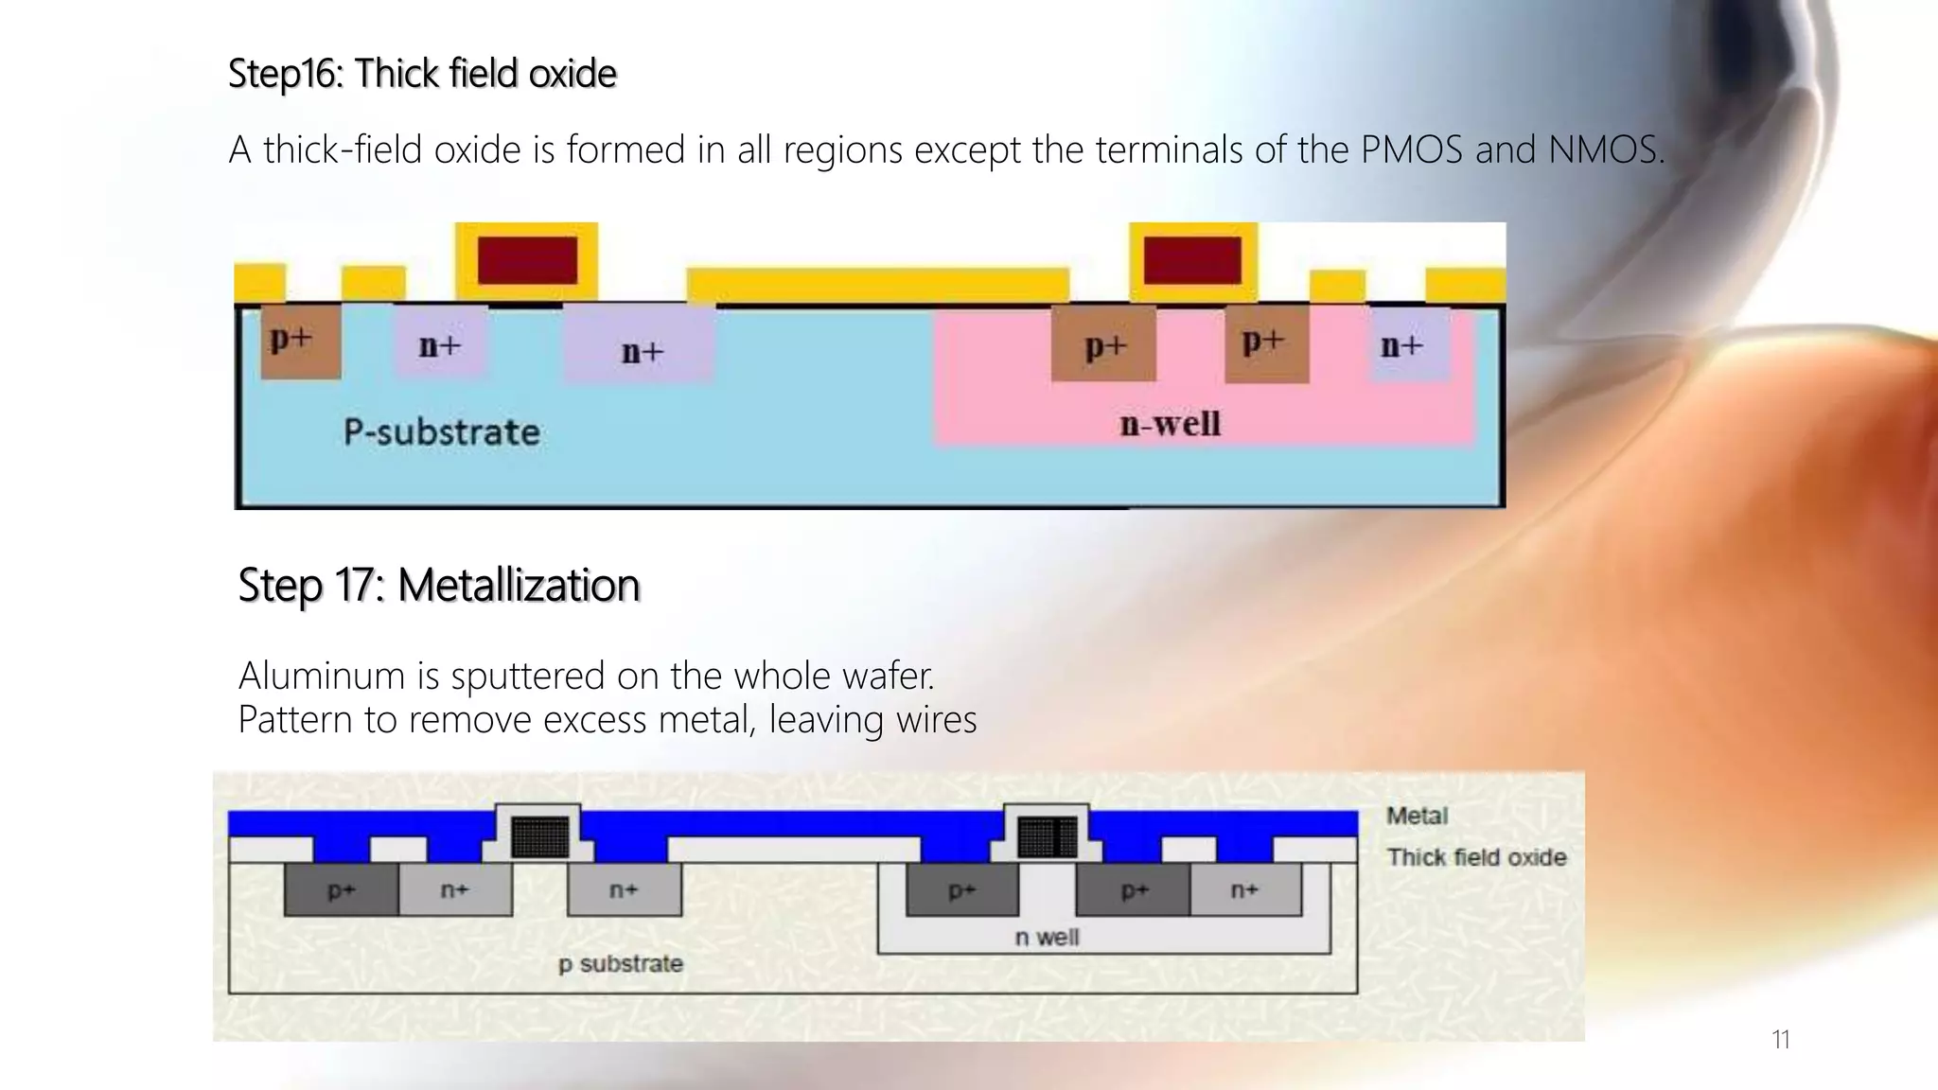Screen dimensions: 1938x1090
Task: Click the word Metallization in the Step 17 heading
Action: tap(519, 585)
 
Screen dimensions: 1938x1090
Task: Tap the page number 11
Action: tap(1780, 1040)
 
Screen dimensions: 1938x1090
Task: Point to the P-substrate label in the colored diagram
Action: tap(441, 432)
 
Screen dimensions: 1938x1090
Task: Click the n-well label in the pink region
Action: tap(1170, 423)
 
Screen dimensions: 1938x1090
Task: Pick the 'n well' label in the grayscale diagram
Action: tap(1047, 937)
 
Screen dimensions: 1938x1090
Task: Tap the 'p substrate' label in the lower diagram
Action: tap(620, 964)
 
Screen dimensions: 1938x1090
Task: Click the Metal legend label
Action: tap(1417, 816)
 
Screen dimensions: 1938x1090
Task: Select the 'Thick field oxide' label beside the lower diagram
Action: tap(1476, 857)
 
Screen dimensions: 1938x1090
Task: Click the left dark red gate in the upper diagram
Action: tap(527, 260)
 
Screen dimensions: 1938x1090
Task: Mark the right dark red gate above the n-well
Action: tap(1192, 260)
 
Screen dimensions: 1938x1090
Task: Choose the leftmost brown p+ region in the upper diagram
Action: tap(299, 341)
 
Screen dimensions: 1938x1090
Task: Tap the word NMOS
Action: tap(1604, 149)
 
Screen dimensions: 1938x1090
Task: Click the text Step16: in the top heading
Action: tap(286, 74)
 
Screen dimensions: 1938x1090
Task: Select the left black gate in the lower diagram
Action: tap(540, 836)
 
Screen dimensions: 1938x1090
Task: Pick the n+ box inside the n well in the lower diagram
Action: tap(1244, 890)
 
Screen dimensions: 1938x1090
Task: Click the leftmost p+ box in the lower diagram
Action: tap(341, 890)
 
